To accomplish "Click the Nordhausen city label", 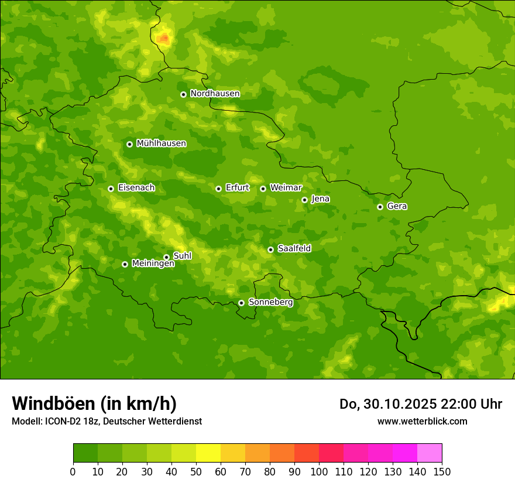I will pos(215,94).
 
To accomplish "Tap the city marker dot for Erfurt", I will pos(218,189).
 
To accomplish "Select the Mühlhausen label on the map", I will pos(161,143).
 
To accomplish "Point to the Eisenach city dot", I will pos(111,189).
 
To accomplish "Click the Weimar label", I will pos(286,188).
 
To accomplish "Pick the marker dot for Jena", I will pos(304,200).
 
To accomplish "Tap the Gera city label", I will pos(397,206).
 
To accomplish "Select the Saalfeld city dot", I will pos(270,249).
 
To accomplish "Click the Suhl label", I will pos(182,256).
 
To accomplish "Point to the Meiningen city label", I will pos(153,264).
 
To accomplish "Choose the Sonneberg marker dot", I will pos(241,303).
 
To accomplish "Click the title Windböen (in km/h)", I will pos(94,403).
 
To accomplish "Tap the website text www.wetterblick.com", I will pos(422,421).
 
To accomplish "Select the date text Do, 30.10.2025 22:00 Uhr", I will pos(421,404).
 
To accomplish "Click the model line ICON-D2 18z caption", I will pos(107,421).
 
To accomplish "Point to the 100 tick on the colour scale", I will pos(319,471).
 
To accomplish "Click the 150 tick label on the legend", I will pos(442,471).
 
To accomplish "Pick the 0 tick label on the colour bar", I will pos(73,471).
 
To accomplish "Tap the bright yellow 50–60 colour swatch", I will pos(208,453).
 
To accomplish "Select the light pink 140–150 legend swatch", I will pos(430,453).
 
